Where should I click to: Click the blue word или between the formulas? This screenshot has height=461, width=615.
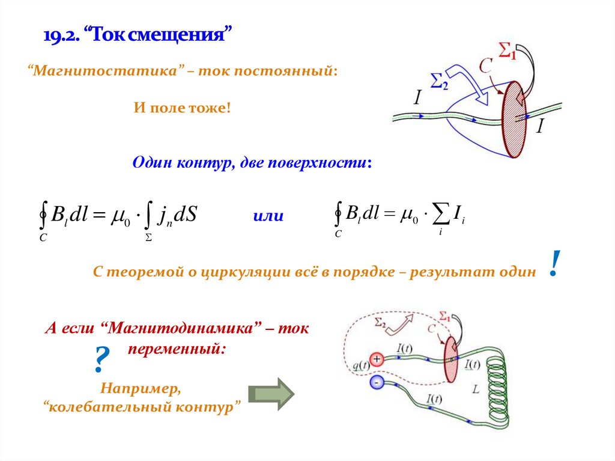point(268,216)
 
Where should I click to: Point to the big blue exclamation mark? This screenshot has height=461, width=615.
point(555,264)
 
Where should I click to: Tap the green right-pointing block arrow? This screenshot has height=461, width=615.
point(271,394)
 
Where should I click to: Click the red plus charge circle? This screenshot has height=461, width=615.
point(377,359)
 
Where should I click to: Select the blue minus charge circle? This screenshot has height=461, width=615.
point(377,382)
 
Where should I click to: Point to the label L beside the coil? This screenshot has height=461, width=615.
point(476,389)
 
